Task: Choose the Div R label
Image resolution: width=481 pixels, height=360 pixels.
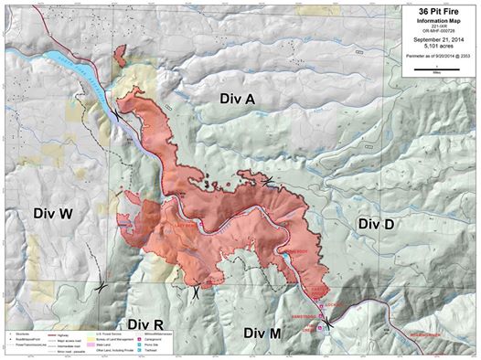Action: [145, 323]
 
